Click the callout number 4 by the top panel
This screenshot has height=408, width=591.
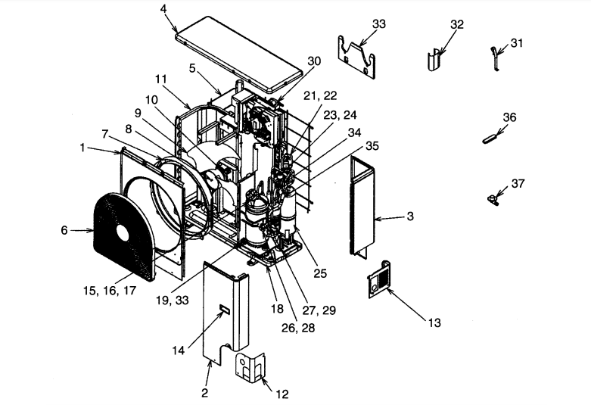pos(163,10)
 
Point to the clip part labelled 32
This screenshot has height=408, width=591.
pos(435,58)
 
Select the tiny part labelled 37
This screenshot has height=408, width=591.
pos(493,198)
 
